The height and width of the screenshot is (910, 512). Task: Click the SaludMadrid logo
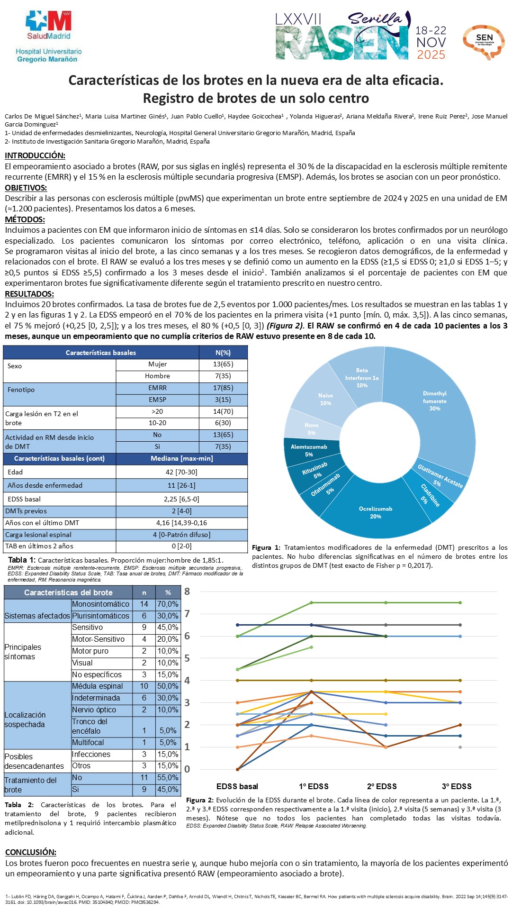pyautogui.click(x=49, y=26)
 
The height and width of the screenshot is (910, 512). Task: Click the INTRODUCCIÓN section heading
pyautogui.click(x=35, y=155)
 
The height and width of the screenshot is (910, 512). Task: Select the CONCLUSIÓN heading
pyautogui.click(x=31, y=852)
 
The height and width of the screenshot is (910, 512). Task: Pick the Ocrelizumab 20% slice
pyautogui.click(x=376, y=512)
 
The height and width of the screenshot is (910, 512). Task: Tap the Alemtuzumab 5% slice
pyautogui.click(x=309, y=450)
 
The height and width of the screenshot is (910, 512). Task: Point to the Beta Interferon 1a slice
pyautogui.click(x=362, y=378)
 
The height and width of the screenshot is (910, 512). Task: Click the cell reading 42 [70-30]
pyautogui.click(x=181, y=472)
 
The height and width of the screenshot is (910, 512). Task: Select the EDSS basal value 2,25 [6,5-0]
pyautogui.click(x=181, y=499)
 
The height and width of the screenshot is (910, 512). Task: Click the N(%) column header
pyautogui.click(x=223, y=353)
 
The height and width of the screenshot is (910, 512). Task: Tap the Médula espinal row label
pyautogui.click(x=97, y=686)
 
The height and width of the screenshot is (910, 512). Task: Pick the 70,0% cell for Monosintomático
pyautogui.click(x=168, y=604)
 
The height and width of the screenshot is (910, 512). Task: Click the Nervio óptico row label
pyautogui.click(x=94, y=710)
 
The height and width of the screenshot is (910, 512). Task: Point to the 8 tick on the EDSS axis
pyautogui.click(x=187, y=591)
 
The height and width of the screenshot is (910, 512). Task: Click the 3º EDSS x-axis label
pyautogui.click(x=457, y=786)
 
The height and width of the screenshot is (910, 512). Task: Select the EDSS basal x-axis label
pyautogui.click(x=237, y=786)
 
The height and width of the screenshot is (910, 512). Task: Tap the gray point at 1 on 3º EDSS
pyautogui.click(x=460, y=747)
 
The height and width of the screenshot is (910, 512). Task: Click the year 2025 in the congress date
pyautogui.click(x=431, y=55)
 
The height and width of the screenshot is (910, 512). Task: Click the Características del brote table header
pyautogui.click(x=68, y=592)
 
